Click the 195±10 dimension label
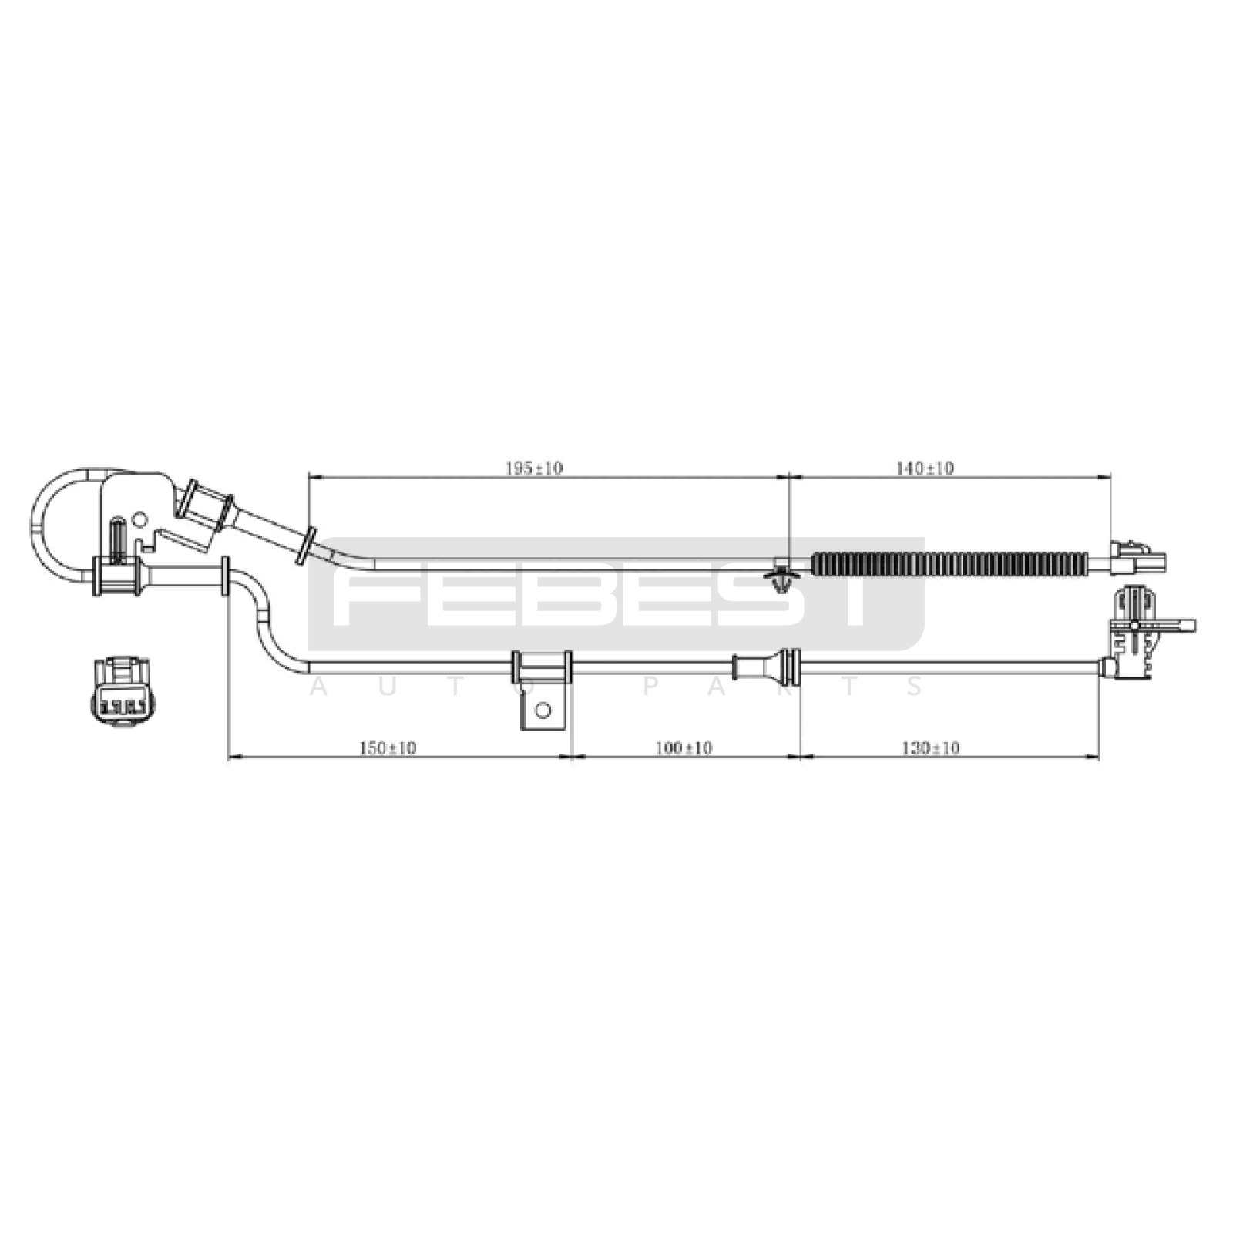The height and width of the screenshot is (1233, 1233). tap(533, 468)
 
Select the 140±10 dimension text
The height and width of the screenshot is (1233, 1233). tap(925, 468)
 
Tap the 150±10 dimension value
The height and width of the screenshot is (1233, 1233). tap(388, 748)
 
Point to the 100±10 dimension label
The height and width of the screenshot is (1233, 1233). tap(684, 748)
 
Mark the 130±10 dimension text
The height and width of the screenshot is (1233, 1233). tap(931, 748)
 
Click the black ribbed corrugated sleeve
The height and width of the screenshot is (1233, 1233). tap(949, 564)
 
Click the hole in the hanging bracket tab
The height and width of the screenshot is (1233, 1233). tap(543, 710)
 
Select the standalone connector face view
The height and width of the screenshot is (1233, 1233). tap(122, 690)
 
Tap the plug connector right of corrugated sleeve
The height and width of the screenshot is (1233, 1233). tap(1137, 557)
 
